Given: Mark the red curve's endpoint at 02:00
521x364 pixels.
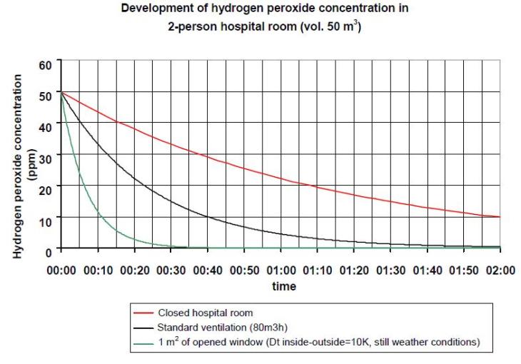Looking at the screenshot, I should coord(500,217).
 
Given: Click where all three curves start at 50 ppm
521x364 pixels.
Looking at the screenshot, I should coord(61,93).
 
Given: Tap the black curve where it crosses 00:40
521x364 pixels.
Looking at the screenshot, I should coord(208,216).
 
